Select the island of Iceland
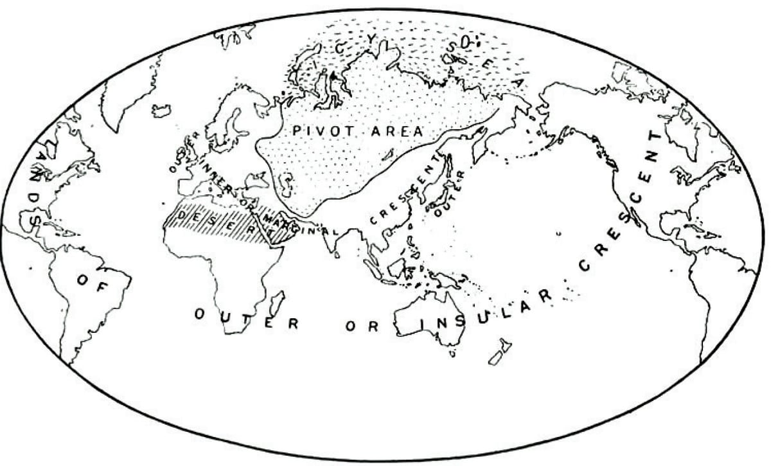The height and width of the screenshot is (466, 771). tap(162, 111)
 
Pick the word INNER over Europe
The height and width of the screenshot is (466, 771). tap(212, 168)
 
